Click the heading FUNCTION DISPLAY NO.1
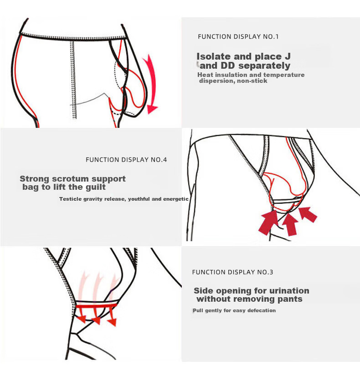(238, 36)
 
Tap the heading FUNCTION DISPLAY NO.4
(126, 160)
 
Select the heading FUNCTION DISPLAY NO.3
(232, 272)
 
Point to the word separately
(264, 66)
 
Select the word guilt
(95, 187)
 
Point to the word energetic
(176, 199)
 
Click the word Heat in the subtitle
(205, 75)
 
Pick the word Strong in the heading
(34, 179)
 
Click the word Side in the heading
(202, 291)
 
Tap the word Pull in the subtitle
(198, 310)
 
